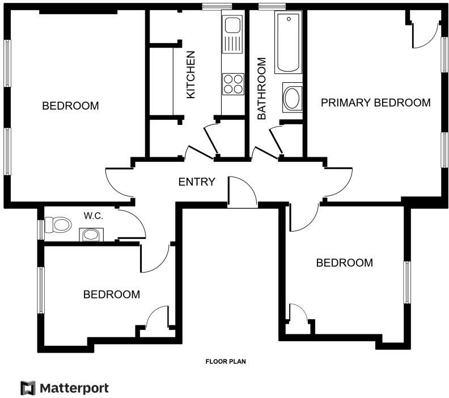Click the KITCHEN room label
[191, 74]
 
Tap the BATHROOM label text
[261, 88]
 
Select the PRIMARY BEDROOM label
[375, 103]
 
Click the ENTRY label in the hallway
[197, 182]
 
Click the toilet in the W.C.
[58, 225]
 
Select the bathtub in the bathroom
[288, 43]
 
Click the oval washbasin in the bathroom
[293, 98]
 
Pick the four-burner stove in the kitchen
[232, 83]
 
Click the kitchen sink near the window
[232, 26]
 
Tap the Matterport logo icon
[28, 388]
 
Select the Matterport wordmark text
[74, 388]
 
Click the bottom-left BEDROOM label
[112, 295]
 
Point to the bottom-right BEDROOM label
[344, 263]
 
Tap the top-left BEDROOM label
[70, 106]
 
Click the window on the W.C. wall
[41, 229]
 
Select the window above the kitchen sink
[213, 7]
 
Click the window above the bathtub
[272, 7]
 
